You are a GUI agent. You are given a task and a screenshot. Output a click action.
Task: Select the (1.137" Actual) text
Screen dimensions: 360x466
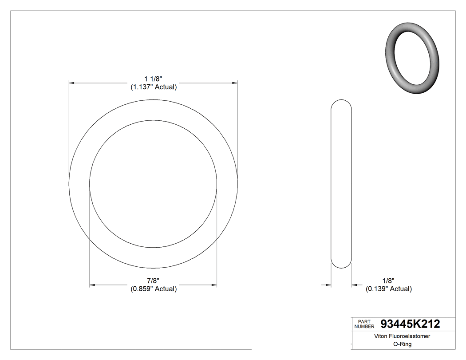(154, 87)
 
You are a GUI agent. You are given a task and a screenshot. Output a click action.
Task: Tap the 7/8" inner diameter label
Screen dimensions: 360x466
(154, 281)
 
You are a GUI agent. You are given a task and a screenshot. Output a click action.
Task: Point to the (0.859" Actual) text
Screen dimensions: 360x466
(154, 289)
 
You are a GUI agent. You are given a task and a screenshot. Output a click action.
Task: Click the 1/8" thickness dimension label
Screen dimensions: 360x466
(388, 281)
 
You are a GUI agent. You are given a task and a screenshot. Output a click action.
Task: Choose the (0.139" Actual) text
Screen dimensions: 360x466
(388, 289)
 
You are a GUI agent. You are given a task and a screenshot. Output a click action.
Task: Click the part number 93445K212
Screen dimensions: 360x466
(410, 324)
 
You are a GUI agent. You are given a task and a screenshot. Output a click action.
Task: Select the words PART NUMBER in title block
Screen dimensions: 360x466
(365, 324)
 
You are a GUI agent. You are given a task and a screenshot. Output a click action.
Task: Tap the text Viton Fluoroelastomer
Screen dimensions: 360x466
(396, 336)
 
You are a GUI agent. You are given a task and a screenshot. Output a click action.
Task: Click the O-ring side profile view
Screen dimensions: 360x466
(341, 183)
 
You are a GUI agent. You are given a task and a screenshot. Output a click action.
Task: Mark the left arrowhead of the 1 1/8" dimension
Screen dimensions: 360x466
(71, 83)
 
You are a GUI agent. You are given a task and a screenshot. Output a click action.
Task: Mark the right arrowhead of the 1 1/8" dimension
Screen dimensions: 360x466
(235, 83)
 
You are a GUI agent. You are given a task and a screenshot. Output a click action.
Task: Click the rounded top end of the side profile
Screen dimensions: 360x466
(341, 102)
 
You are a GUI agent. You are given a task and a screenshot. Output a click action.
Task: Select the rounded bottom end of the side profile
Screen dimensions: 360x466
(341, 265)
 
